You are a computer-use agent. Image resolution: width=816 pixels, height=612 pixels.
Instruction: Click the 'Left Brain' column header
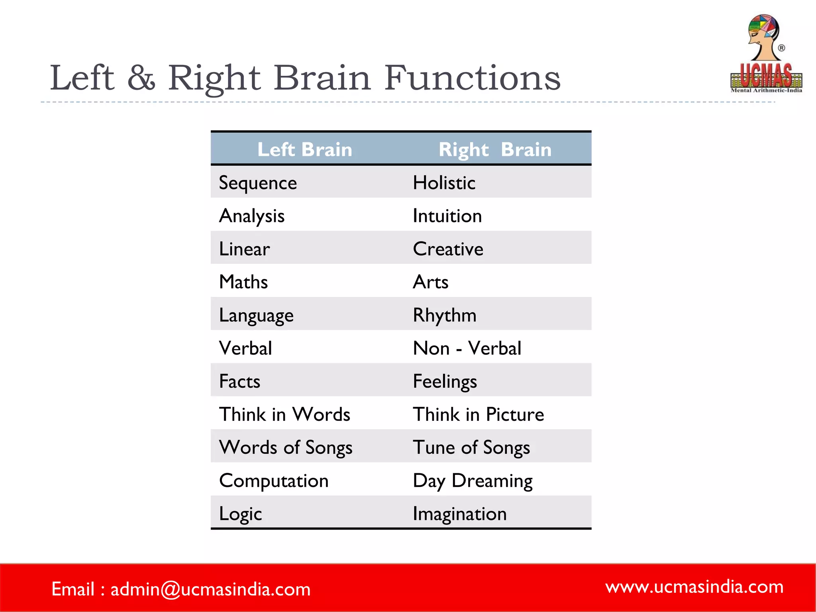click(305, 150)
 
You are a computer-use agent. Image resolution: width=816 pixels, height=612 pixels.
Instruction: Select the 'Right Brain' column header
click(495, 150)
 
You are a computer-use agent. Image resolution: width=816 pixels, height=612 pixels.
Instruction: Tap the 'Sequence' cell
click(258, 183)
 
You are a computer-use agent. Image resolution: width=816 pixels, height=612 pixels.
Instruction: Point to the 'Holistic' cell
click(444, 183)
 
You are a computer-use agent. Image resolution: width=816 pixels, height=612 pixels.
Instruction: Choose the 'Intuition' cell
click(447, 216)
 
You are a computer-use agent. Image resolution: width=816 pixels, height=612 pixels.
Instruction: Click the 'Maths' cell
click(243, 282)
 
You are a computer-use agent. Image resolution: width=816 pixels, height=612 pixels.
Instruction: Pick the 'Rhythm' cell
click(445, 315)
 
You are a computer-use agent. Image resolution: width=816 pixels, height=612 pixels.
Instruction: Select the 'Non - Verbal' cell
click(467, 348)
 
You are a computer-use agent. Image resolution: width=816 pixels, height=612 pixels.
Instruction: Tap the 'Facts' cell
click(239, 381)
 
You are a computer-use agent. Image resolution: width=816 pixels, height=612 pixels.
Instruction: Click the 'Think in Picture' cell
click(478, 414)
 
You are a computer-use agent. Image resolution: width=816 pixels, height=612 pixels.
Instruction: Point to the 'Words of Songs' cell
click(286, 447)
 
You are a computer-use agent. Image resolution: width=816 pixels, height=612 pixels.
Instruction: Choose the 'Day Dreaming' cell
click(473, 481)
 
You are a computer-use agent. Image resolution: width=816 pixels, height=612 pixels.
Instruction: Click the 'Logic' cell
click(240, 514)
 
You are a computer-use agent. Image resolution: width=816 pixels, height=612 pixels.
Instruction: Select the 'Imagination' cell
click(459, 514)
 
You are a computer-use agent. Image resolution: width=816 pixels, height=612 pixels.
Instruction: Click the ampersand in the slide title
click(141, 78)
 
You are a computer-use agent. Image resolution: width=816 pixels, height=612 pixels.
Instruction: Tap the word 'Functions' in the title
click(473, 78)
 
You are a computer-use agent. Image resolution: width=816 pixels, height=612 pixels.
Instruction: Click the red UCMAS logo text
click(766, 76)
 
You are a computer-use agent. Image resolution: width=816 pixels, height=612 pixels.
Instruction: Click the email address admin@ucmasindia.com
click(210, 589)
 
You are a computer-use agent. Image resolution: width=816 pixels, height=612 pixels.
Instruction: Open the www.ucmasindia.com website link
click(694, 587)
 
